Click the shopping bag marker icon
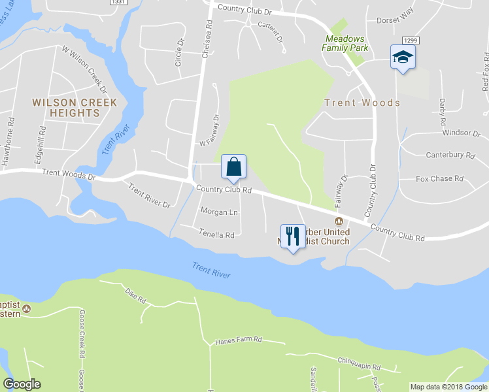tap(233, 167)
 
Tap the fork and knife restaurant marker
tap(292, 237)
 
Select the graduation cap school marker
tap(403, 57)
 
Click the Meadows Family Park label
tap(346, 43)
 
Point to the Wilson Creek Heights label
tap(75, 108)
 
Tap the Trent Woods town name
tap(362, 103)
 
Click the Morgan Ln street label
tap(219, 212)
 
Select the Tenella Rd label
tap(216, 234)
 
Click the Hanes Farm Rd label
tap(239, 340)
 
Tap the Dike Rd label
tap(137, 296)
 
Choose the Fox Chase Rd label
tap(439, 178)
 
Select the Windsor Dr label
tap(461, 133)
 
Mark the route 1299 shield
tap(411, 41)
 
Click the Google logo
tap(22, 384)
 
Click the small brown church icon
tap(339, 221)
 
